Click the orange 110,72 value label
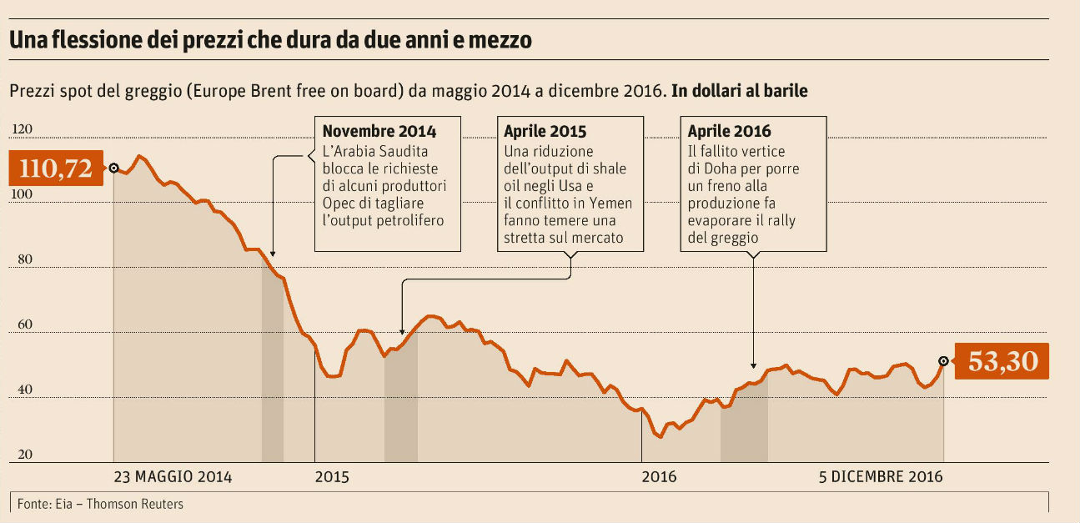55,168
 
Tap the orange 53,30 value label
1002,361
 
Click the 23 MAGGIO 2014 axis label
173,477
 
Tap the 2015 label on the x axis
333,477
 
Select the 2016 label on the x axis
659,477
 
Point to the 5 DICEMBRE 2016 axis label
881,477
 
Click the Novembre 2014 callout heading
379,132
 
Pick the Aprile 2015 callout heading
545,132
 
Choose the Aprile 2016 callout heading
729,132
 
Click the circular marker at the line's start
113,168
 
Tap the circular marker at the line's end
943,361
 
